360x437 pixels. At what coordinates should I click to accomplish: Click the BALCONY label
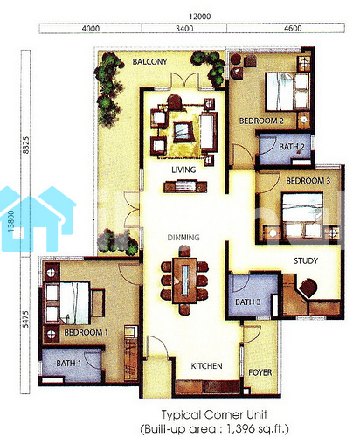149,62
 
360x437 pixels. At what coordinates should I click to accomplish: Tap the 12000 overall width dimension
200,17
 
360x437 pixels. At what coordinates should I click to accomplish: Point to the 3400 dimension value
184,29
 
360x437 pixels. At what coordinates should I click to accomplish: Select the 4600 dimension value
293,29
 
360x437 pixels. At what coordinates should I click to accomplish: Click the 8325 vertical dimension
26,145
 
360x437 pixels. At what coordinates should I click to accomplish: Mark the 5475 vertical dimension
26,319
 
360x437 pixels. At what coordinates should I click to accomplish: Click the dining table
184,281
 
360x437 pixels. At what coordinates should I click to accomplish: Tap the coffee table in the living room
183,132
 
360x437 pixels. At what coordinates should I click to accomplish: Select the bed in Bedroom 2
287,92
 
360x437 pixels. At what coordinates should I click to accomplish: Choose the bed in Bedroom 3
302,215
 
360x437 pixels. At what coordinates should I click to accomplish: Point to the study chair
308,288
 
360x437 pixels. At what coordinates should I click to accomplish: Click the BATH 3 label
247,302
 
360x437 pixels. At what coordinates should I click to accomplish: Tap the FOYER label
260,372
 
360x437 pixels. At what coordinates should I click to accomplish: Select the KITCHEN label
206,366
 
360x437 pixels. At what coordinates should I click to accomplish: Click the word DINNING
183,238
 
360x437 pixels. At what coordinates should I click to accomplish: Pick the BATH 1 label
69,364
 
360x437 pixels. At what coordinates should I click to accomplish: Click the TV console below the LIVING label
185,187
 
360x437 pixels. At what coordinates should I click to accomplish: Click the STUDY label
306,260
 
